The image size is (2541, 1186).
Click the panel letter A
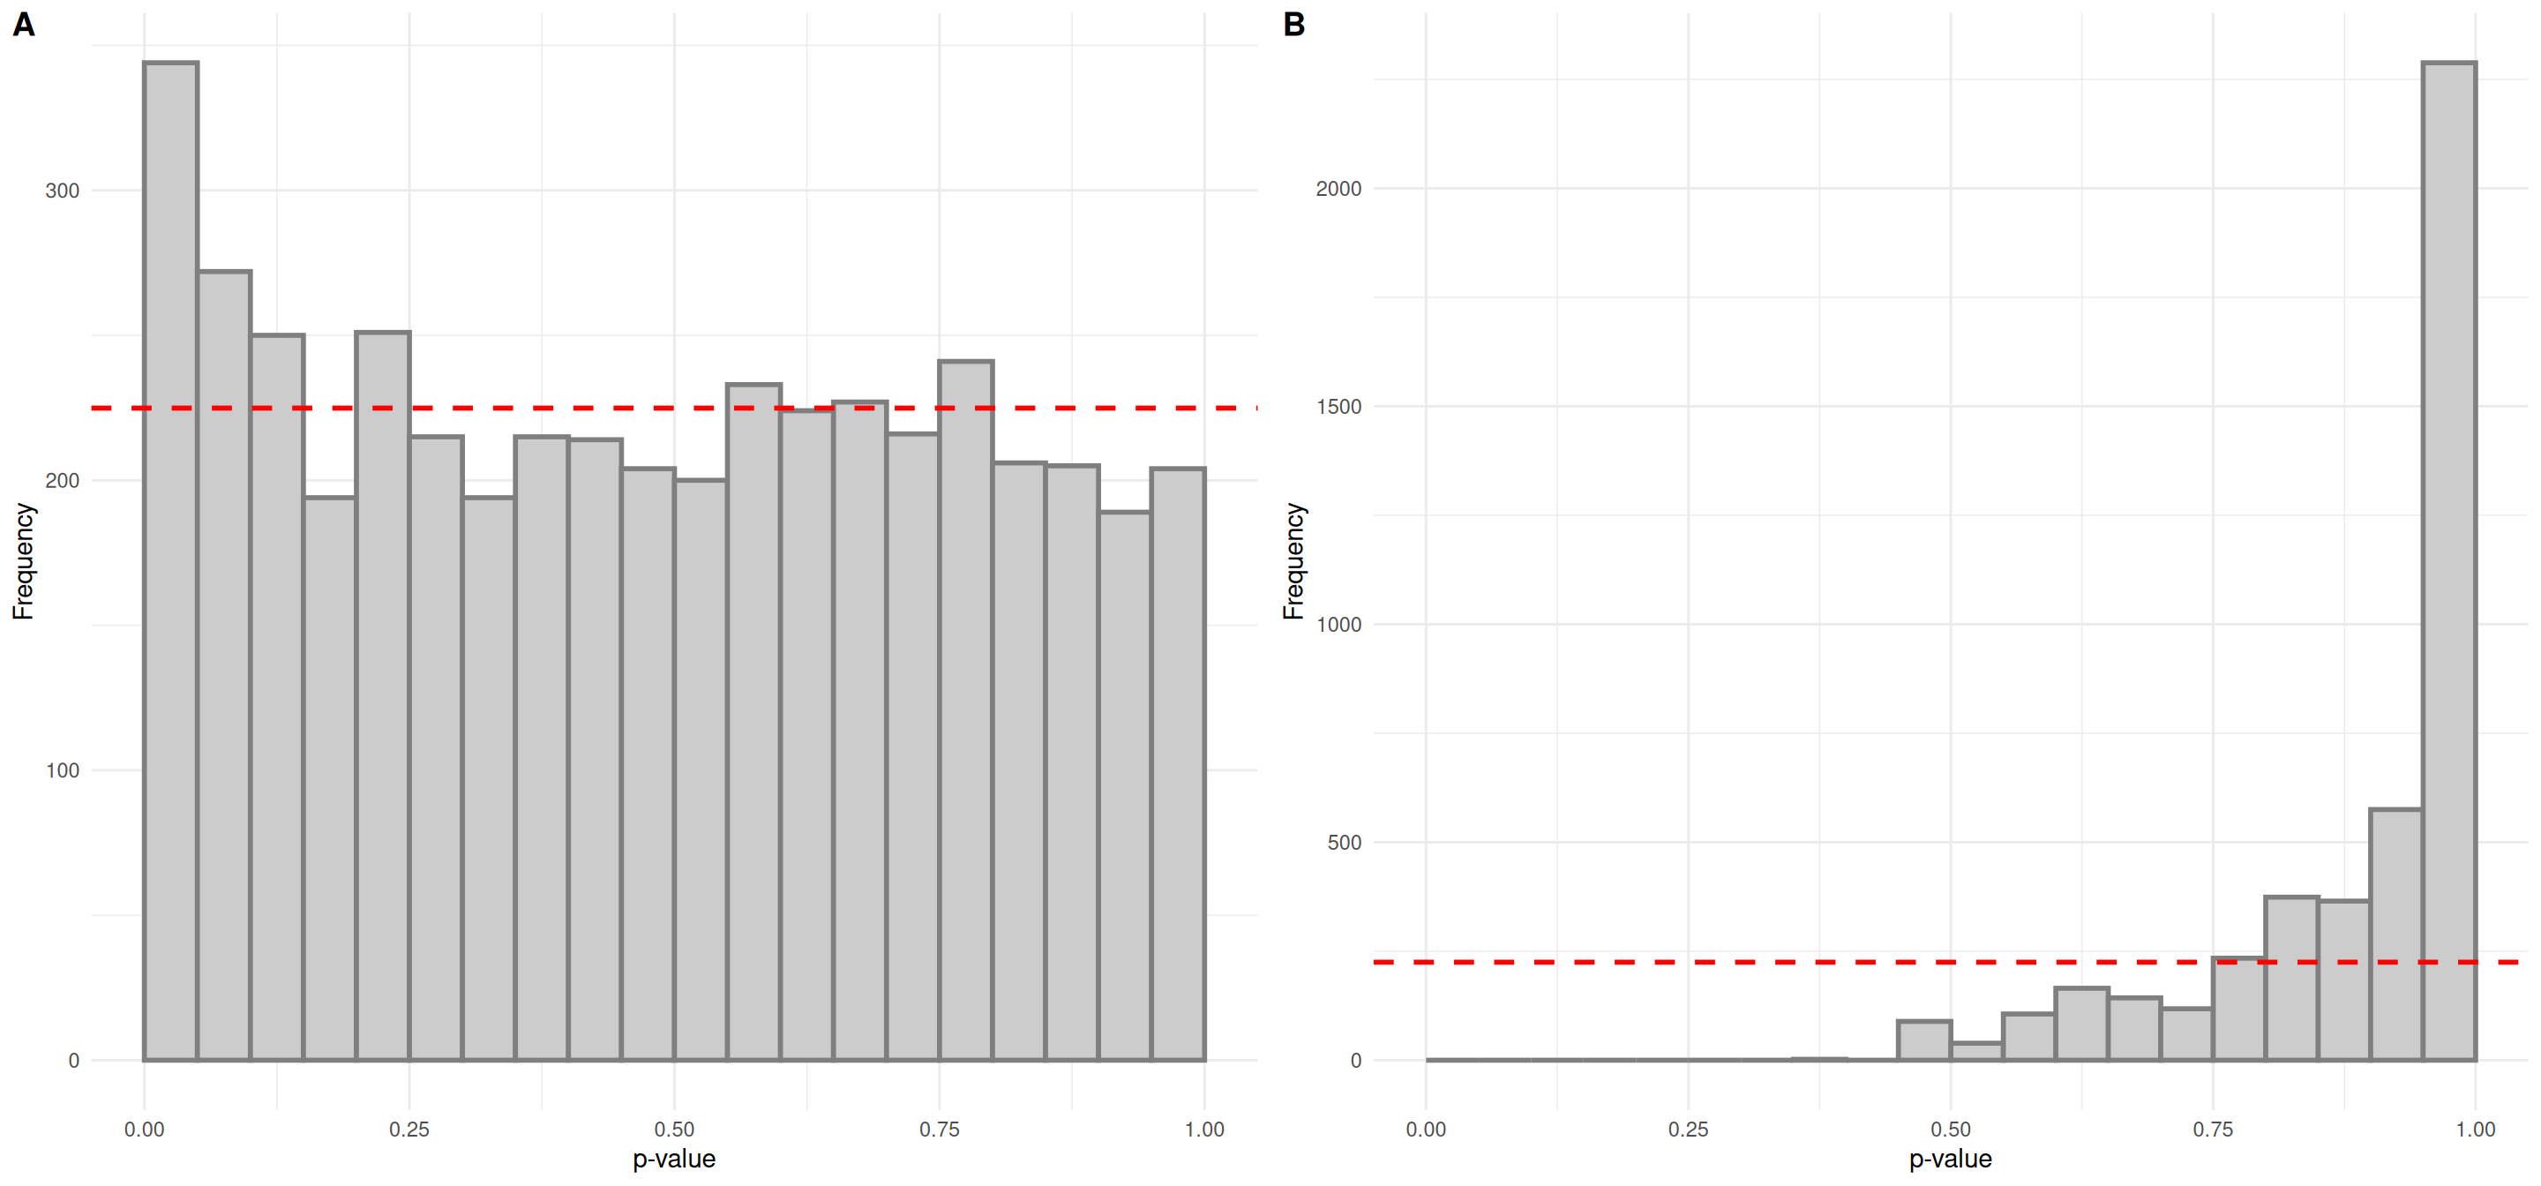pyautogui.click(x=24, y=25)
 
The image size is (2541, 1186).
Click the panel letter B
pyautogui.click(x=1294, y=25)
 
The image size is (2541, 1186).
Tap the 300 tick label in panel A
pyautogui.click(x=62, y=191)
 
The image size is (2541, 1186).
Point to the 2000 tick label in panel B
pyautogui.click(x=1338, y=189)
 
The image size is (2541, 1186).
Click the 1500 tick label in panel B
pyautogui.click(x=1338, y=407)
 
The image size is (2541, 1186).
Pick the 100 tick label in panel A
pyautogui.click(x=62, y=770)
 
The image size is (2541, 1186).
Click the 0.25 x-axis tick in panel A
pyautogui.click(x=409, y=1129)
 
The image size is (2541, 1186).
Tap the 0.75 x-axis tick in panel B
pyautogui.click(x=2213, y=1129)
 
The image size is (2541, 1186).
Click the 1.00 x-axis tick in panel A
pyautogui.click(x=1204, y=1129)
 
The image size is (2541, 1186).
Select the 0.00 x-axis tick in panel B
pyautogui.click(x=1426, y=1129)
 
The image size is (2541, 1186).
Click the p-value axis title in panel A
pyautogui.click(x=674, y=1159)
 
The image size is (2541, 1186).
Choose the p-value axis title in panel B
pyautogui.click(x=1950, y=1159)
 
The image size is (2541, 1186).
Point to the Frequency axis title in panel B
pyautogui.click(x=1293, y=561)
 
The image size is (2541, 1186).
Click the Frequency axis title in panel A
pyautogui.click(x=23, y=561)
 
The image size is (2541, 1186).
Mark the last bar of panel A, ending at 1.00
pyautogui.click(x=1178, y=765)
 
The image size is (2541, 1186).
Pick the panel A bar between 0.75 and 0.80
pyautogui.click(x=966, y=710)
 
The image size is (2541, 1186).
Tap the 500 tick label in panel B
pyautogui.click(x=1344, y=843)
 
